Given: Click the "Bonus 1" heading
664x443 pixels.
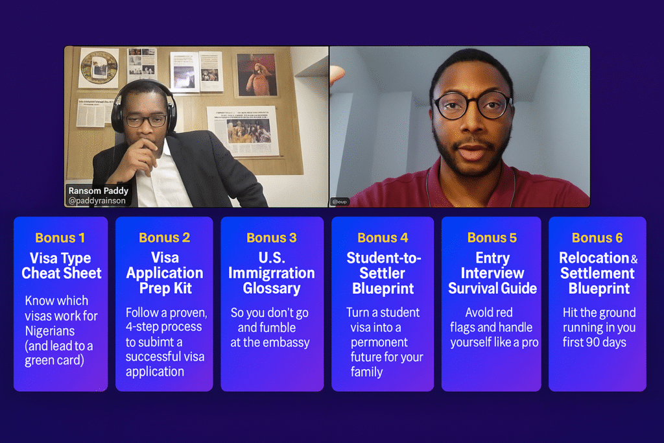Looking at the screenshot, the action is [x=60, y=238].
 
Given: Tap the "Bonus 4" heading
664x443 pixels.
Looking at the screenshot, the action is [x=383, y=238].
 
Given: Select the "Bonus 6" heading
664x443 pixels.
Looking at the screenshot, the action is [x=597, y=238].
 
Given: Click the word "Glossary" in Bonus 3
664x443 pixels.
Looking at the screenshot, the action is [x=272, y=289].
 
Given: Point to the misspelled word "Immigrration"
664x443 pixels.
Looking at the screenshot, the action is [x=272, y=273].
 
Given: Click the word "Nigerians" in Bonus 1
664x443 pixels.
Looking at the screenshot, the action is [x=49, y=331].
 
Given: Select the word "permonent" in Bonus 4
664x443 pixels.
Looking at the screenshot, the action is [x=379, y=342].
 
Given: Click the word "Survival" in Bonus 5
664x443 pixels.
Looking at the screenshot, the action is [x=472, y=289].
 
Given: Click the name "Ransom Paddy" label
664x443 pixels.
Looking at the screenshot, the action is [x=99, y=191].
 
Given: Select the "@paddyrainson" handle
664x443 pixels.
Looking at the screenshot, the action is [x=97, y=201].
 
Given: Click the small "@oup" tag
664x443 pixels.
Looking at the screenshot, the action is [x=340, y=202].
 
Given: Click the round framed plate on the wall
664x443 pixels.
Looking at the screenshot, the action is [x=99, y=67].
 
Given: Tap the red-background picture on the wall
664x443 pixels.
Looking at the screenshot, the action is [x=257, y=74].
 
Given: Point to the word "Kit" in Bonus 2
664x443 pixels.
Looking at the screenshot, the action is [x=182, y=289].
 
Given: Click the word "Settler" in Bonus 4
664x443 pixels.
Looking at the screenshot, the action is [x=383, y=273].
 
